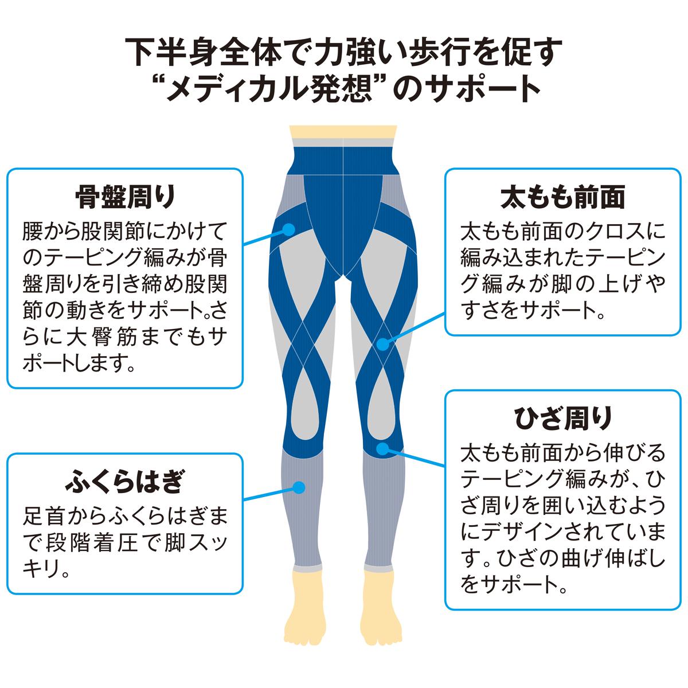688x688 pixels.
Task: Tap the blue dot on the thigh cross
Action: coord(383,344)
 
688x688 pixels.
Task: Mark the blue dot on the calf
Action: coord(298,488)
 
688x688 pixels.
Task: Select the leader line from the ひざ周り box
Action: coord(415,456)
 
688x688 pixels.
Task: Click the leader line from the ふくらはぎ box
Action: coord(269,494)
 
